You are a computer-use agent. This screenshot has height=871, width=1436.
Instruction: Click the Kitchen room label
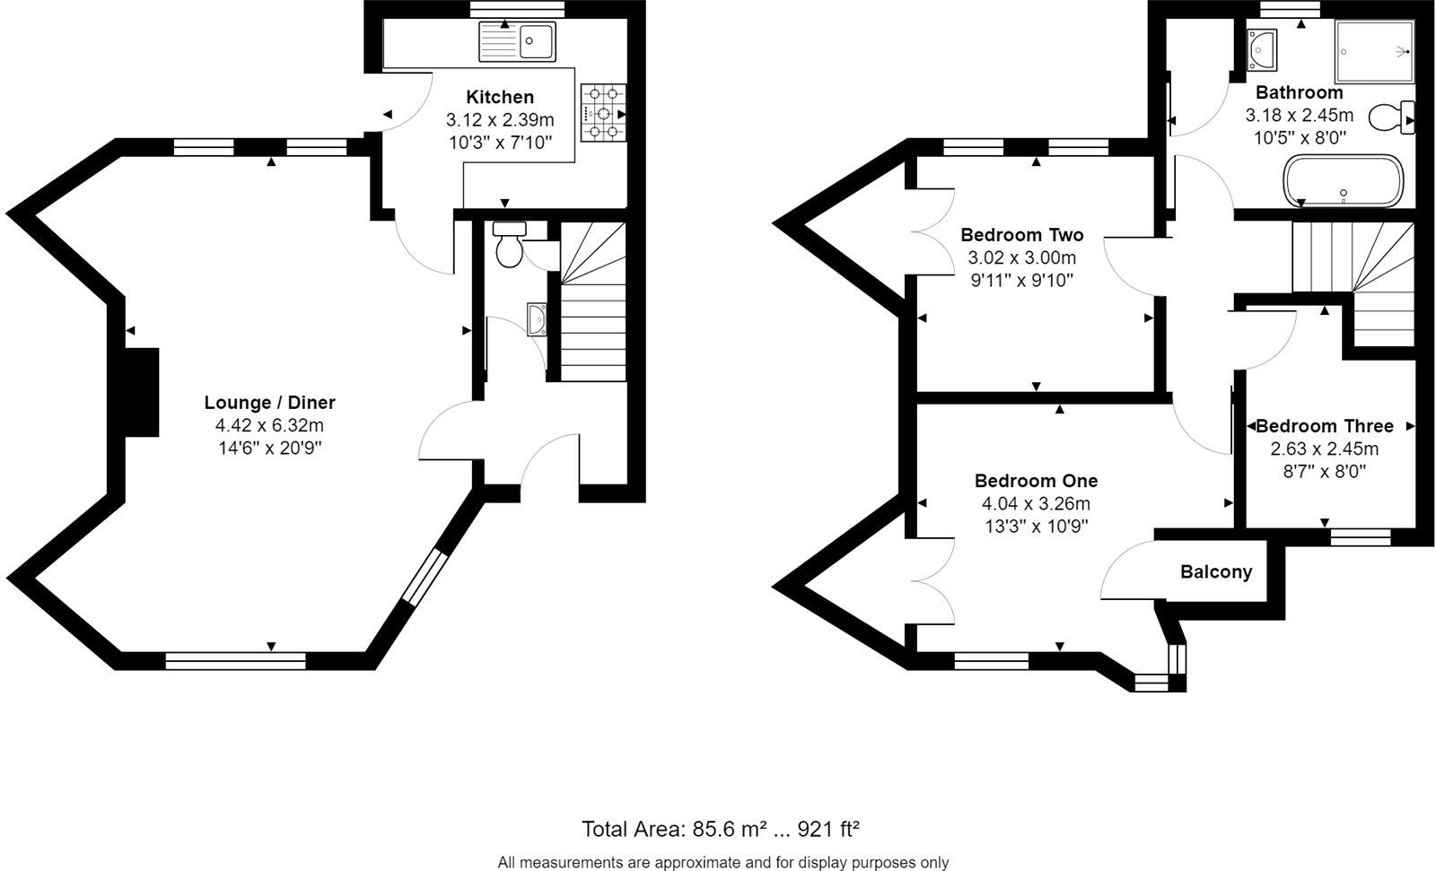pos(500,97)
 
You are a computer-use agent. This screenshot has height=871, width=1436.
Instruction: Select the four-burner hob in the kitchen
pos(604,113)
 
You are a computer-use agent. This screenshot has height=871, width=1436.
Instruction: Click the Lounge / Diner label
pos(269,403)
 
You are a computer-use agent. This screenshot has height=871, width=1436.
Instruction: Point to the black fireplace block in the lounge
pos(141,393)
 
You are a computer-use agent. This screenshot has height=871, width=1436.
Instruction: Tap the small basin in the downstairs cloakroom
pos(538,318)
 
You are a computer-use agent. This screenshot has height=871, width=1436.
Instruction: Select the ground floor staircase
pos(593,305)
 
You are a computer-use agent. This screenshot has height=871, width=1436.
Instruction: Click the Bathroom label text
pos(1299,92)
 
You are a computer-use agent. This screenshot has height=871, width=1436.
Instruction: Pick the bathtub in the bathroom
pos(1342,180)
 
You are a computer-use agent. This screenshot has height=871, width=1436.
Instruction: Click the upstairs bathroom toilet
pos(1391,118)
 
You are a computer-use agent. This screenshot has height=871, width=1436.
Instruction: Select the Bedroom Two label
pos(1021,235)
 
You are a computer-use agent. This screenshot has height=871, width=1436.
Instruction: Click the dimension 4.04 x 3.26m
pos(1036,504)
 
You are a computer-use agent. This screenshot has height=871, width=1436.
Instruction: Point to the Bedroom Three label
pos(1324,426)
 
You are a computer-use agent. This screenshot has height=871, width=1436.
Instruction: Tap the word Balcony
pos(1215,572)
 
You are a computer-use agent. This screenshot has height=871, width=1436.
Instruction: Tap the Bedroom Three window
pos(1360,536)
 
